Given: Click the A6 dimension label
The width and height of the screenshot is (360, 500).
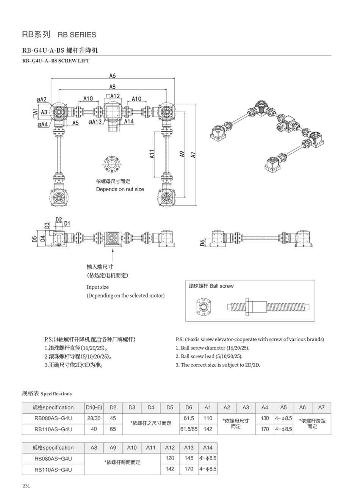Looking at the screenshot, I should click(113, 75).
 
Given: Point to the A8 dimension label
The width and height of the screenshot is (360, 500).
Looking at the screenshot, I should click(113, 87).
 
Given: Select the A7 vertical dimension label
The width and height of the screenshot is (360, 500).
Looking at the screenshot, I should click(193, 154).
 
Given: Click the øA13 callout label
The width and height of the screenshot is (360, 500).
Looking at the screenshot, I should click(95, 122).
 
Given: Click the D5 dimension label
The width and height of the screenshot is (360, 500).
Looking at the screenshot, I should click(34, 238).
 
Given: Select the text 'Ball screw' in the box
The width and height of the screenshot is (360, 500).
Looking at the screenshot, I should click(222, 286).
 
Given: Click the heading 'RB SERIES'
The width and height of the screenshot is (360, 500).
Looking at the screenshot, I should click(77, 35).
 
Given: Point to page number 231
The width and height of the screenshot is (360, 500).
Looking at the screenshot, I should click(26, 486).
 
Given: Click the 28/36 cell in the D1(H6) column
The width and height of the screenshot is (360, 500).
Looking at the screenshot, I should click(94, 418).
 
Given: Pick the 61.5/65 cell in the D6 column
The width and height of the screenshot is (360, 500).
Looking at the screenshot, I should click(189, 429).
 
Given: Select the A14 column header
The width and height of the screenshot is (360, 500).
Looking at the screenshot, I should click(208, 447).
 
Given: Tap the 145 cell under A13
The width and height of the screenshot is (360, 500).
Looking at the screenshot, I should click(189, 458).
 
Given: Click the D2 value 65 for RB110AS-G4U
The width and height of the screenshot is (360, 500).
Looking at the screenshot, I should click(113, 429).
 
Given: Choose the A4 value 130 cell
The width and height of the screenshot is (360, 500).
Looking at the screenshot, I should click(265, 418).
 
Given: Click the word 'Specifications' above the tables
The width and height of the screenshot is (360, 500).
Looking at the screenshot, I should click(56, 394).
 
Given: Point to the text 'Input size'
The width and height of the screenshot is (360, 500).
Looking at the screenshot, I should click(98, 287).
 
